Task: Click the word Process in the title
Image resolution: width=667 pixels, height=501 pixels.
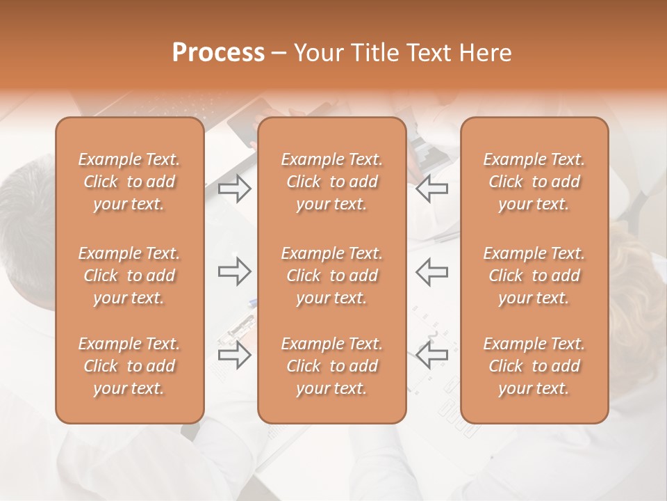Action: pyautogui.click(x=218, y=53)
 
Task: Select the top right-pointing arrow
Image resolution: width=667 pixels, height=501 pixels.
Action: pyautogui.click(x=234, y=189)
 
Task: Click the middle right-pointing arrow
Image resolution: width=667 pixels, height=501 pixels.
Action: pyautogui.click(x=234, y=272)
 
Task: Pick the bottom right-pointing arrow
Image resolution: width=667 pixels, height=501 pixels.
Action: pyautogui.click(x=234, y=356)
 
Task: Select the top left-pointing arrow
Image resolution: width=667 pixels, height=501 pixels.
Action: pyautogui.click(x=432, y=189)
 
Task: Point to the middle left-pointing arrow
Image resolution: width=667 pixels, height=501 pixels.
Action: pyautogui.click(x=432, y=272)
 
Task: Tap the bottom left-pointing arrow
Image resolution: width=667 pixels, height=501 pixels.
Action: pyautogui.click(x=432, y=356)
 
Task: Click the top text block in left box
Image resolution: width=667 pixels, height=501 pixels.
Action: pyautogui.click(x=129, y=182)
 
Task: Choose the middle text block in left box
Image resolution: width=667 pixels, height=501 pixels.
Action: pyautogui.click(x=129, y=276)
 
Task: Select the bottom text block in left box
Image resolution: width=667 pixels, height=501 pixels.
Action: pyautogui.click(x=129, y=366)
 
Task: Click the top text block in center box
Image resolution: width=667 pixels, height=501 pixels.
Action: pyautogui.click(x=332, y=182)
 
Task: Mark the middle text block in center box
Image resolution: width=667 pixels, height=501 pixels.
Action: pyautogui.click(x=332, y=276)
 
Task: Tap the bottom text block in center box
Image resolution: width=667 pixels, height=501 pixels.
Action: pyautogui.click(x=332, y=366)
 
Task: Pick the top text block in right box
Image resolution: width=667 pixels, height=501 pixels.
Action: pyautogui.click(x=534, y=182)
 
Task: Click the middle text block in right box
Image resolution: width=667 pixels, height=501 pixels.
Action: pyautogui.click(x=534, y=276)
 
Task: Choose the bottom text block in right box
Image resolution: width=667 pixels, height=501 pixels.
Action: pyautogui.click(x=534, y=366)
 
